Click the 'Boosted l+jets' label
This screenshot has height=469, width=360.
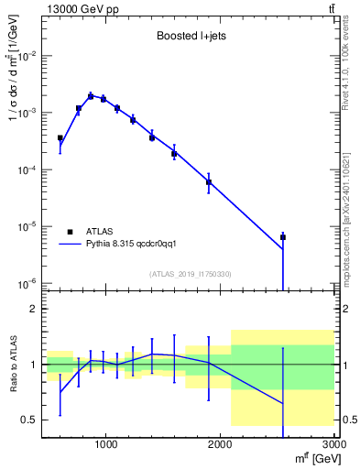[x=188, y=38]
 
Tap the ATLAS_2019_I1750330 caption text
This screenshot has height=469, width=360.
[x=189, y=274]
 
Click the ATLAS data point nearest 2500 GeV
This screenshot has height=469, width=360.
[x=283, y=237]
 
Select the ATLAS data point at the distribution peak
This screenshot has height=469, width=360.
[x=91, y=95]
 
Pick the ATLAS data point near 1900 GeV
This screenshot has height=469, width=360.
[x=209, y=181]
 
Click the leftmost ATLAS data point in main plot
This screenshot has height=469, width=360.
[x=60, y=138]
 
